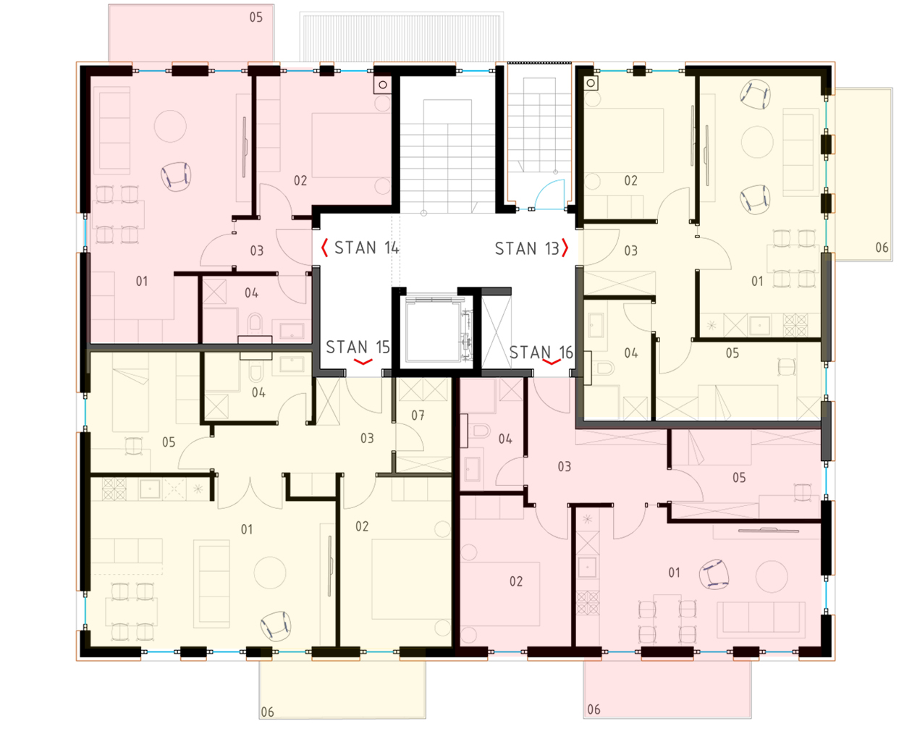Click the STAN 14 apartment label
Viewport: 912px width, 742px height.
click(366, 248)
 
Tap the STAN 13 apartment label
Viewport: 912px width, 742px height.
click(527, 248)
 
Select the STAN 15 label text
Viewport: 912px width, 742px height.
click(358, 347)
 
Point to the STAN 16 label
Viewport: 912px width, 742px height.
click(541, 353)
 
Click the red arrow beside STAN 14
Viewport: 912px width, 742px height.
click(324, 248)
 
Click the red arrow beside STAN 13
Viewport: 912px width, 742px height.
click(565, 248)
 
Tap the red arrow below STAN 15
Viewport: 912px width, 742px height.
click(363, 362)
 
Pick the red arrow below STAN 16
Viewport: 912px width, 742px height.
click(552, 362)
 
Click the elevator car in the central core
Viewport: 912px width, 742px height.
click(433, 331)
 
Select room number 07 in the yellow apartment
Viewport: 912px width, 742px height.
click(418, 415)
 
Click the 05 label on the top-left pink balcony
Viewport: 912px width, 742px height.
click(256, 17)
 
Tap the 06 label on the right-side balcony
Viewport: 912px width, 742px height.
click(882, 247)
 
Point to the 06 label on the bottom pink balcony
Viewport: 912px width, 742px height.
click(594, 709)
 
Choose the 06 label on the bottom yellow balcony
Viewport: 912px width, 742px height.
click(268, 712)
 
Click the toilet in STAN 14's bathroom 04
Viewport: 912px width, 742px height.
click(256, 324)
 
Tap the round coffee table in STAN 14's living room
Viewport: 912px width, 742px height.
click(170, 126)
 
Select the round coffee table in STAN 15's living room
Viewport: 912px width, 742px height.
click(270, 573)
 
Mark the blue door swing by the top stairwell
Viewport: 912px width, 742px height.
click(550, 193)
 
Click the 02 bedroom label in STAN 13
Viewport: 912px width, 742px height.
click(630, 180)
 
